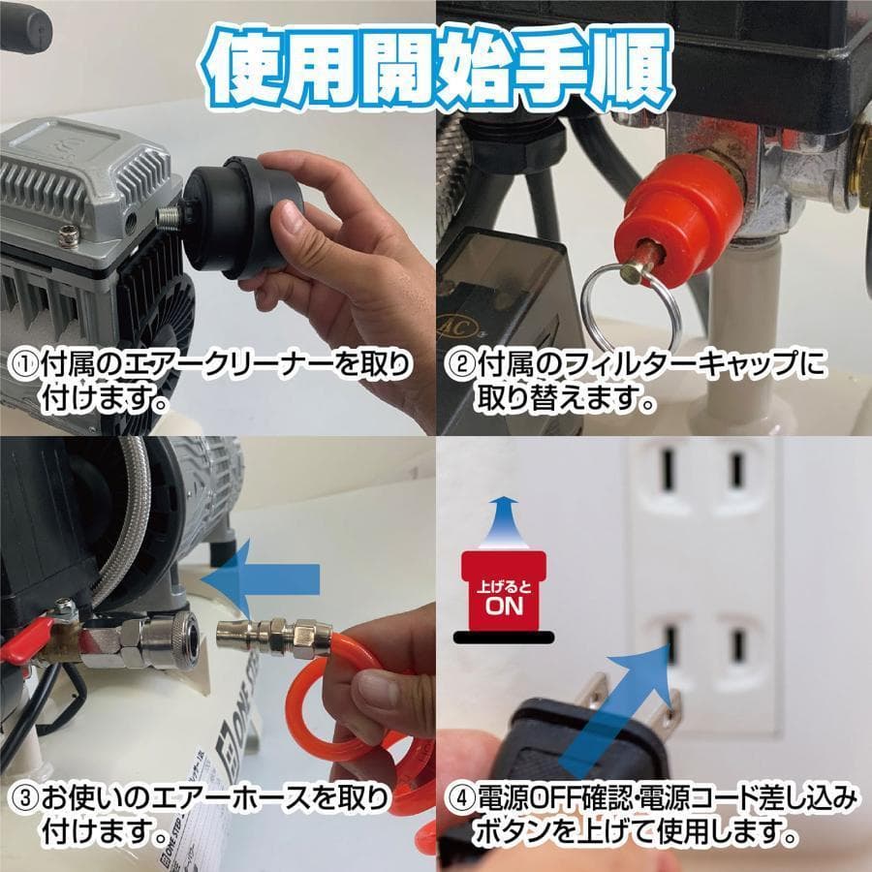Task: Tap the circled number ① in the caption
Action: [x=22, y=365]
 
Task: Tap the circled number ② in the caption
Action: [x=458, y=365]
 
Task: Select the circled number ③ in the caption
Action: [x=22, y=800]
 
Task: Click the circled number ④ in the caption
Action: [x=458, y=800]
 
